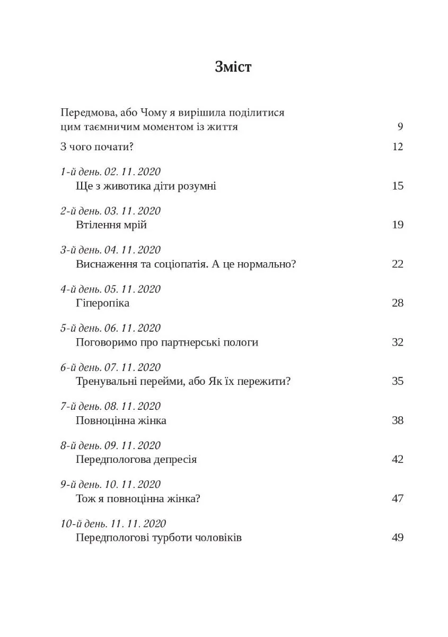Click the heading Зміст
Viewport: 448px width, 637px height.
point(233,67)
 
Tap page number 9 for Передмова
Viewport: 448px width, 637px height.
point(400,127)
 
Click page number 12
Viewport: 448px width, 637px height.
point(398,147)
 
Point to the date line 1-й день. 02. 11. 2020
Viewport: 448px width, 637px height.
point(111,171)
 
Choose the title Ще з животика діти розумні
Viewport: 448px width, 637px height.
point(146,186)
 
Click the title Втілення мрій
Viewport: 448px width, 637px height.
point(111,225)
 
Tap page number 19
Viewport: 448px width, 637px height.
point(398,225)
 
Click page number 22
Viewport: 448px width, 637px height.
point(398,264)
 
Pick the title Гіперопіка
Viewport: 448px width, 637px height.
point(103,303)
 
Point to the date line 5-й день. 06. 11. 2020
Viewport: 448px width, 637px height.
point(111,328)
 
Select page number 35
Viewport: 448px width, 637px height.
point(398,381)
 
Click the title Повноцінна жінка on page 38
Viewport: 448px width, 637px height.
point(121,420)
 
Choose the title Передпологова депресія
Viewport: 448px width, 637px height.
point(136,459)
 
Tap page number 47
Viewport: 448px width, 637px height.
point(398,498)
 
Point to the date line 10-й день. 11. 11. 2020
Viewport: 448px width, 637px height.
point(113,523)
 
